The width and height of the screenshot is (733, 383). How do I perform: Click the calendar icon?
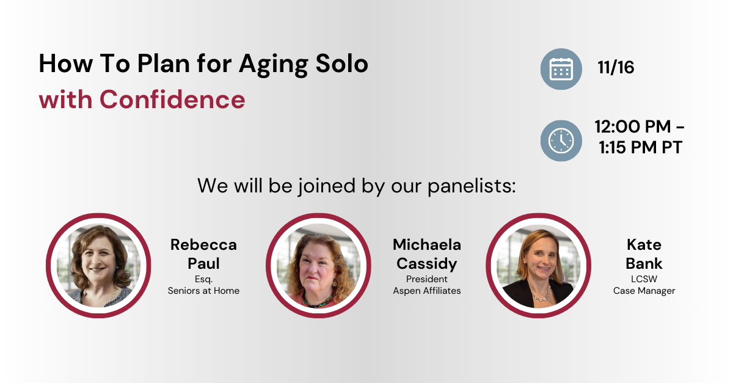point(561,69)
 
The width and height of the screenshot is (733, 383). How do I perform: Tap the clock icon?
point(561,140)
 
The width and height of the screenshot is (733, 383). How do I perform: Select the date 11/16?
point(616,67)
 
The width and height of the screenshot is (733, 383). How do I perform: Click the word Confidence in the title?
point(172,100)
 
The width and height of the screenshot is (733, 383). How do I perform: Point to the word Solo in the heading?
point(341,64)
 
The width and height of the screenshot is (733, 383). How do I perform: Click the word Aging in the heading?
point(274,65)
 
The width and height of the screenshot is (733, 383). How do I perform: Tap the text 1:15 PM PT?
point(640,147)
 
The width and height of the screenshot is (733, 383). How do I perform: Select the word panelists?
point(472,186)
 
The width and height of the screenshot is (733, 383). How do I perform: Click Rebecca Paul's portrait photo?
point(98,266)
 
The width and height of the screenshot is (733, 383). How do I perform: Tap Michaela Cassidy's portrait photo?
point(318,266)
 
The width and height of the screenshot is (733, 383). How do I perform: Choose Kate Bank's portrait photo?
point(539,266)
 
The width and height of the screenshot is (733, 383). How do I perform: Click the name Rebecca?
point(203,245)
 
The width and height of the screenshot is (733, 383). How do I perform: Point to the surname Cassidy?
point(427,264)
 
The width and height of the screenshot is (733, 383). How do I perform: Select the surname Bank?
point(644,264)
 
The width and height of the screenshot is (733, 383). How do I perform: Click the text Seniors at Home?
point(203,291)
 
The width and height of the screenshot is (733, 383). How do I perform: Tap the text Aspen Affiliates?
point(427,291)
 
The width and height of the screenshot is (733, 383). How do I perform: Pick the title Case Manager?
point(644,291)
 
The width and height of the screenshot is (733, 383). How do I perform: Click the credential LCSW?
point(644,279)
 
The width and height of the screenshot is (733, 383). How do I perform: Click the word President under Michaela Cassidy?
point(427,279)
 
